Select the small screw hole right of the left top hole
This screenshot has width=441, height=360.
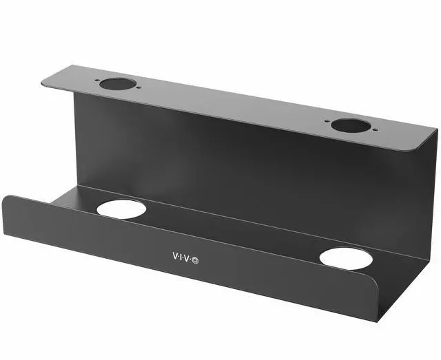135,87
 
